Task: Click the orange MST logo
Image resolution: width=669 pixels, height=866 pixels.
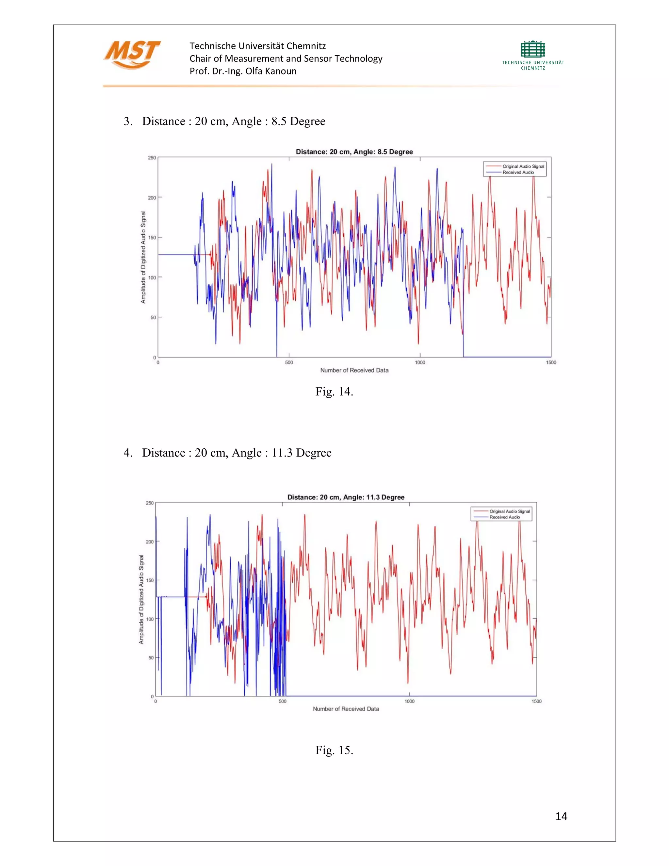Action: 132,54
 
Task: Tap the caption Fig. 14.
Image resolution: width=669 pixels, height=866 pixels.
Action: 334,392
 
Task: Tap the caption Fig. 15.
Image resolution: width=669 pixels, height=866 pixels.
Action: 334,750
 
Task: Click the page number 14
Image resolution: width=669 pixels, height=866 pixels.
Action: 561,816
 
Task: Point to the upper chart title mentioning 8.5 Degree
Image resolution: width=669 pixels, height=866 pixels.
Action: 354,152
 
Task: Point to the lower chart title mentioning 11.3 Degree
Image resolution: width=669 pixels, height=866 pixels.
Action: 346,497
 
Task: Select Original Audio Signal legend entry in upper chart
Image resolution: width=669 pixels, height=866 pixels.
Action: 523,167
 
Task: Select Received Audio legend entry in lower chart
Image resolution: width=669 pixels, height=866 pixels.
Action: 504,517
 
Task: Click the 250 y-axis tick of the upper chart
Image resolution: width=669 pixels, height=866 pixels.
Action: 152,158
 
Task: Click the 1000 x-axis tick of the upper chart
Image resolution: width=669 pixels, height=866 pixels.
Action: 420,362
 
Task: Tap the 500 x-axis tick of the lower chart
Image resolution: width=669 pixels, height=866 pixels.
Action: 282,701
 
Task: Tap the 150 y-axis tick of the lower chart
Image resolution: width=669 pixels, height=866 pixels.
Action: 150,580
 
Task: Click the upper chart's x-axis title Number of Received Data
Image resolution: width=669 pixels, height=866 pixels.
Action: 354,370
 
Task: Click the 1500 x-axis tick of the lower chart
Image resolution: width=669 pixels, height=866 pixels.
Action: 536,701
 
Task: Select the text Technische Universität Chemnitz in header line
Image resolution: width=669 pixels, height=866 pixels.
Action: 258,46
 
